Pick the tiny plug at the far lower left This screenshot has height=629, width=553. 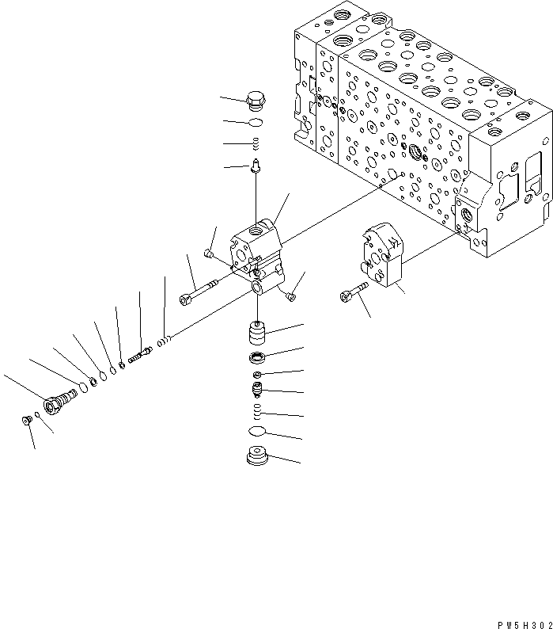(27, 420)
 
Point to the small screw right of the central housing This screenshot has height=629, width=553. (290, 295)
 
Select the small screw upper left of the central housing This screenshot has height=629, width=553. (209, 253)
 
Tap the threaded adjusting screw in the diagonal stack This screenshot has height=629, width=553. (142, 354)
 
